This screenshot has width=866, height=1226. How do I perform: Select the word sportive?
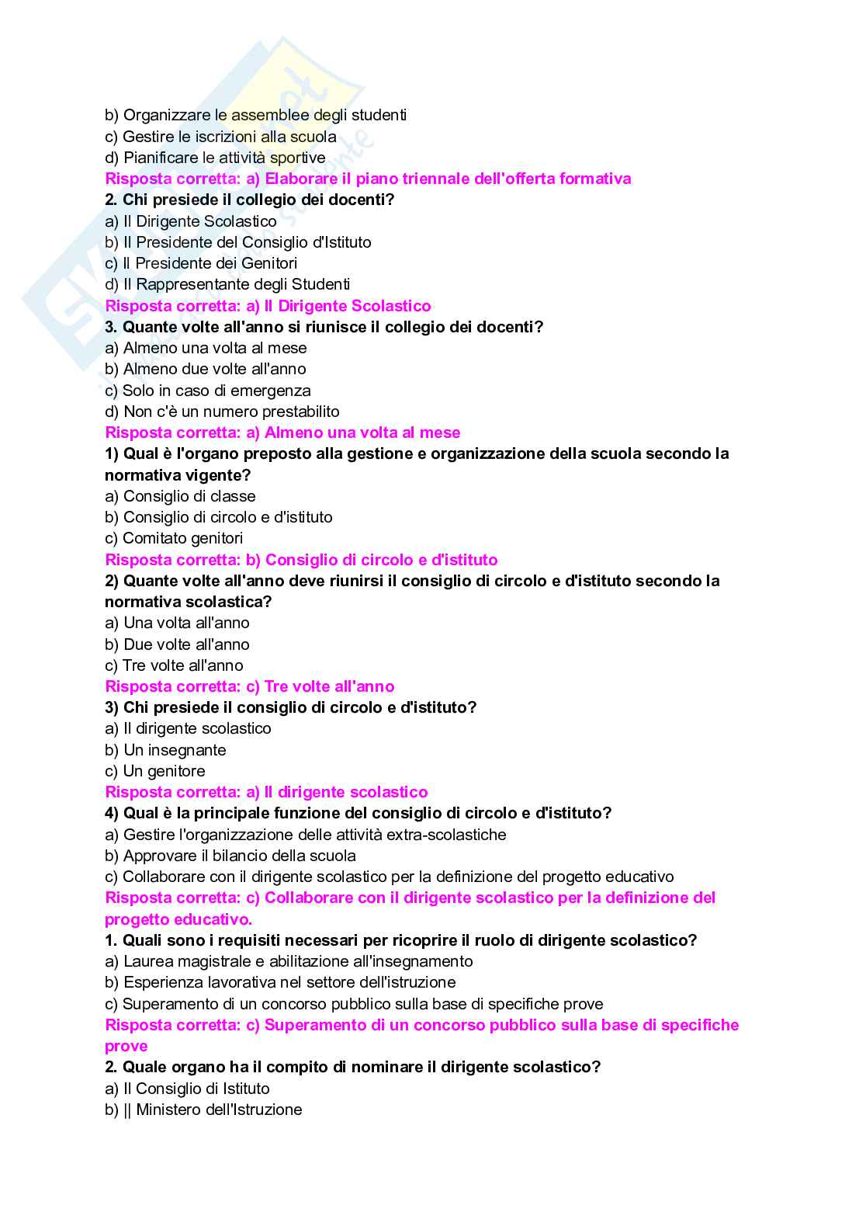pyautogui.click(x=298, y=158)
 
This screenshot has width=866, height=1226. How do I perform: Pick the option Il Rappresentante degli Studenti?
pyautogui.click(x=227, y=284)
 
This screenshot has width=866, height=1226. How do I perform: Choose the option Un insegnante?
pyautogui.click(x=165, y=750)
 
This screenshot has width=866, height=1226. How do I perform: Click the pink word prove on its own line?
pyautogui.click(x=126, y=1046)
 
